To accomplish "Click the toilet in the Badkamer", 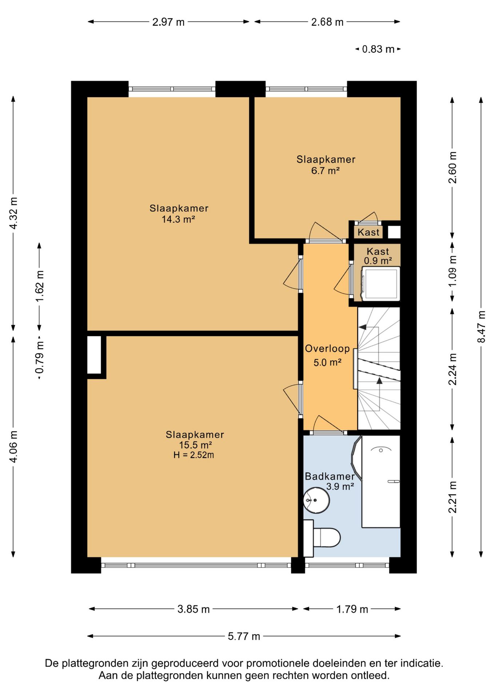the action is coord(322,538).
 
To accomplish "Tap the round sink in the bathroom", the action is coord(316,500).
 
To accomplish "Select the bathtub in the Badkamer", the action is coord(381,481).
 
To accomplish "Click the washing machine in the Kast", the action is coord(381,284).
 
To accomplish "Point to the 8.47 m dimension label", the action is coord(481,326).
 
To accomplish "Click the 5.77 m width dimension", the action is coord(244,636).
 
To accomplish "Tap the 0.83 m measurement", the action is coord(378,49).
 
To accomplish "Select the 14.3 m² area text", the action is coord(178,219).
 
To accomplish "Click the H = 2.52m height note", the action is coord(194,455).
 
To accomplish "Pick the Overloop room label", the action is coord(327,349).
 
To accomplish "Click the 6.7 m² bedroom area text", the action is coord(326,170).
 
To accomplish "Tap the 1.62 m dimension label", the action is coord(39,286).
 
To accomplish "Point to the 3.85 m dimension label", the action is coord(194,609).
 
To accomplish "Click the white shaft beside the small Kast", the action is coord(394,232).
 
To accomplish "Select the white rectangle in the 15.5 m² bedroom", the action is coord(94,355).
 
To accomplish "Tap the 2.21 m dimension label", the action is coord(452,497).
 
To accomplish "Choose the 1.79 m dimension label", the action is coord(352,609).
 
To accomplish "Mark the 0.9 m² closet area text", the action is coord(378,261).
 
